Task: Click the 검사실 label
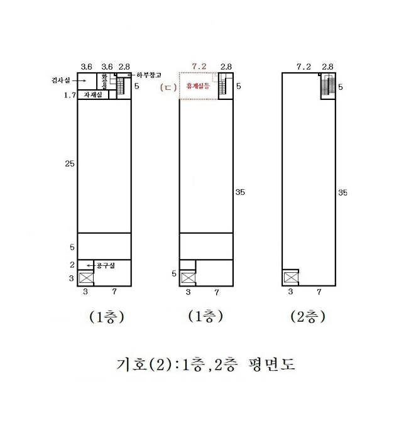[x=60, y=80]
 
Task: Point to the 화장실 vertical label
[x=106, y=81]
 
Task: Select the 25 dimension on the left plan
[x=69, y=163]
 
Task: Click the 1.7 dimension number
[x=69, y=96]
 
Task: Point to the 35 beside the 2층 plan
[x=342, y=192]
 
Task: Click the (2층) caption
[x=307, y=317]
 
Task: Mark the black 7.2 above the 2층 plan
[x=304, y=66]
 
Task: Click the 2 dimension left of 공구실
[x=72, y=265]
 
